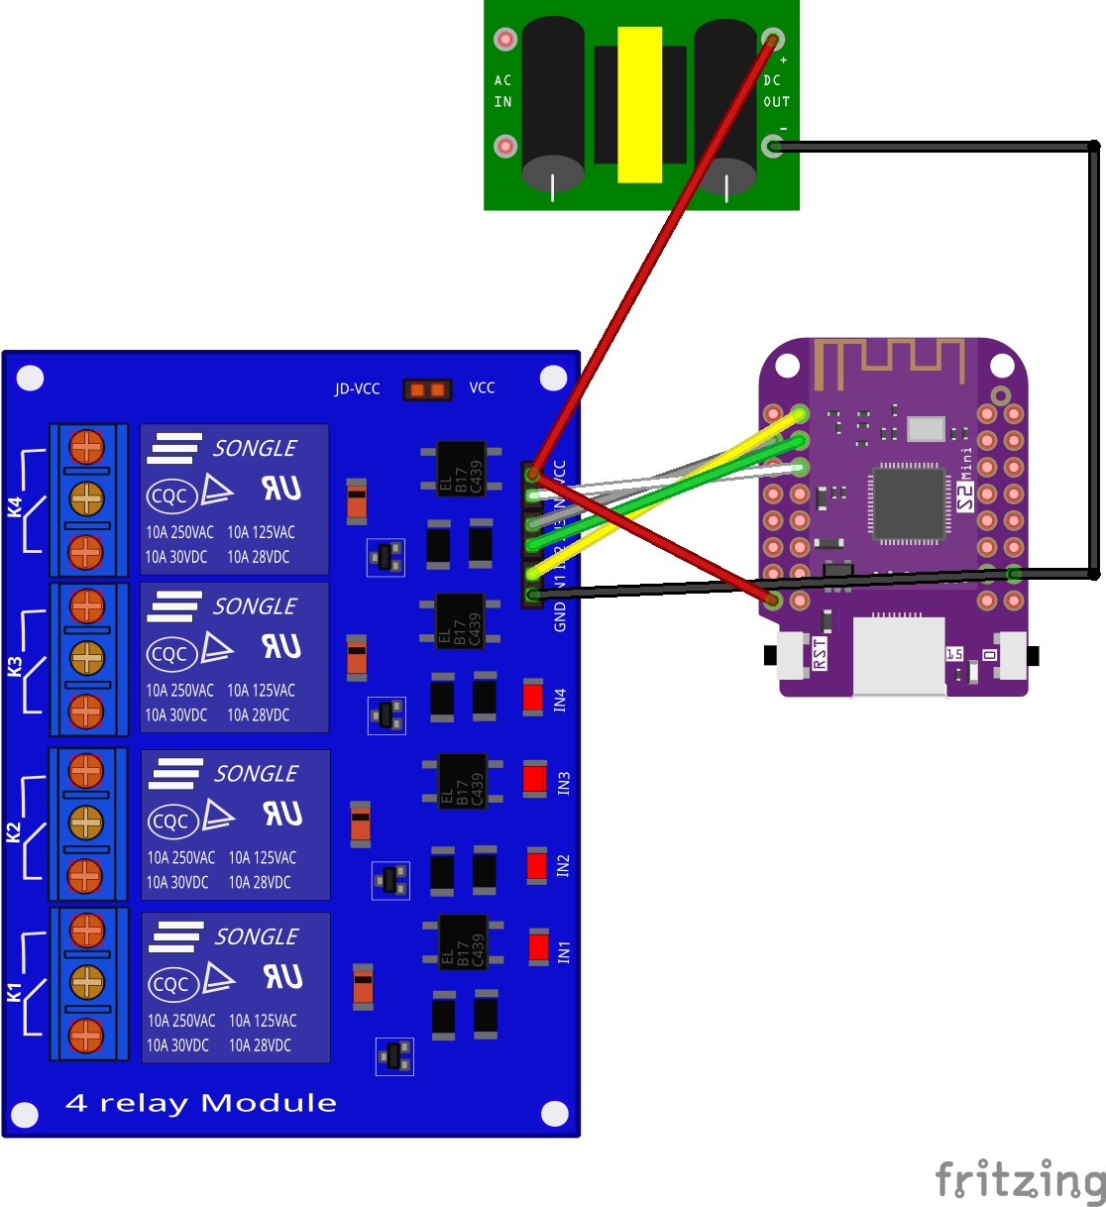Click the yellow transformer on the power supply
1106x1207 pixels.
coord(639,104)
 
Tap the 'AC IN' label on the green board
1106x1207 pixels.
coord(503,91)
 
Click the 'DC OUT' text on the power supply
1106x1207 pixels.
coord(776,91)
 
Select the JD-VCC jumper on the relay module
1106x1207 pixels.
coord(427,389)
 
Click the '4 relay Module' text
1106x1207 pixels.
coord(201,1103)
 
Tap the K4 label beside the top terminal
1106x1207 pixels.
coord(15,506)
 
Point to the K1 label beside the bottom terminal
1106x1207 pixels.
coord(15,992)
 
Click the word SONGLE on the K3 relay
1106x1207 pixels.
coord(255,605)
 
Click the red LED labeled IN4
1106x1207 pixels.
coord(533,697)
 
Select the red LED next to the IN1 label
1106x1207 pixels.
coord(538,947)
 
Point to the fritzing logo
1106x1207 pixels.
coord(1020,1179)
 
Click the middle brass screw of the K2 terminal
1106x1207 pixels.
coord(86,822)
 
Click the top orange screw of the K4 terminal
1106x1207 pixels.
coord(86,447)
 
